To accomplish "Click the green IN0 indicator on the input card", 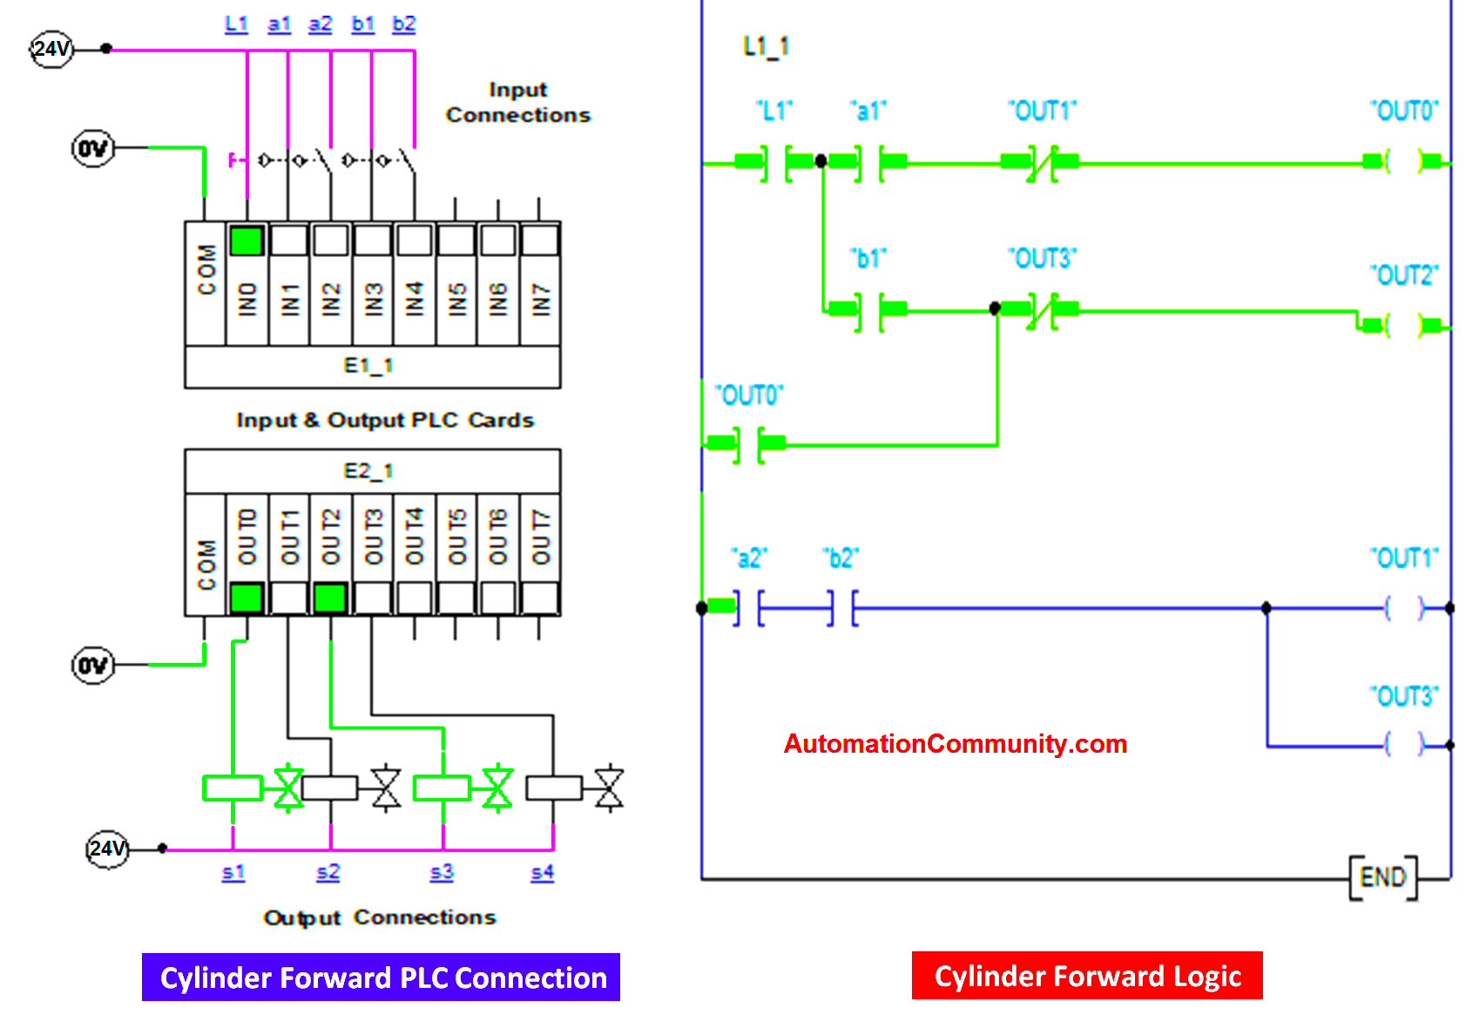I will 246,240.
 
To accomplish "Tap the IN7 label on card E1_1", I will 541,300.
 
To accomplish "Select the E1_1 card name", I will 368,366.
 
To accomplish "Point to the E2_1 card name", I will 368,471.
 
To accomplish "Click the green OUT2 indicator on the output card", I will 330,599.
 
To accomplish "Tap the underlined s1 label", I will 233,872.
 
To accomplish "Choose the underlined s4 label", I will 542,872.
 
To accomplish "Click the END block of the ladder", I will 1382,877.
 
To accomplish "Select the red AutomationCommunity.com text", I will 956,744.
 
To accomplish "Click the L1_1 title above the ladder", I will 767,46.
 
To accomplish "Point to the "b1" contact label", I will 868,259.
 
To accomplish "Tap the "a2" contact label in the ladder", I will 749,558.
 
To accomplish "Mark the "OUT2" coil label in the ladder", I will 1404,276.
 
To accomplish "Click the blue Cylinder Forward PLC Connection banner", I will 382,977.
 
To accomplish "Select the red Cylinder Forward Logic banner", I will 1087,976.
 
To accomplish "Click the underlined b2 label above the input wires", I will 404,24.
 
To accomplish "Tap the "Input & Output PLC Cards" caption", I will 385,420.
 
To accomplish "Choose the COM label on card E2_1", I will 206,565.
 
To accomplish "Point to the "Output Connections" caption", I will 380,917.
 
